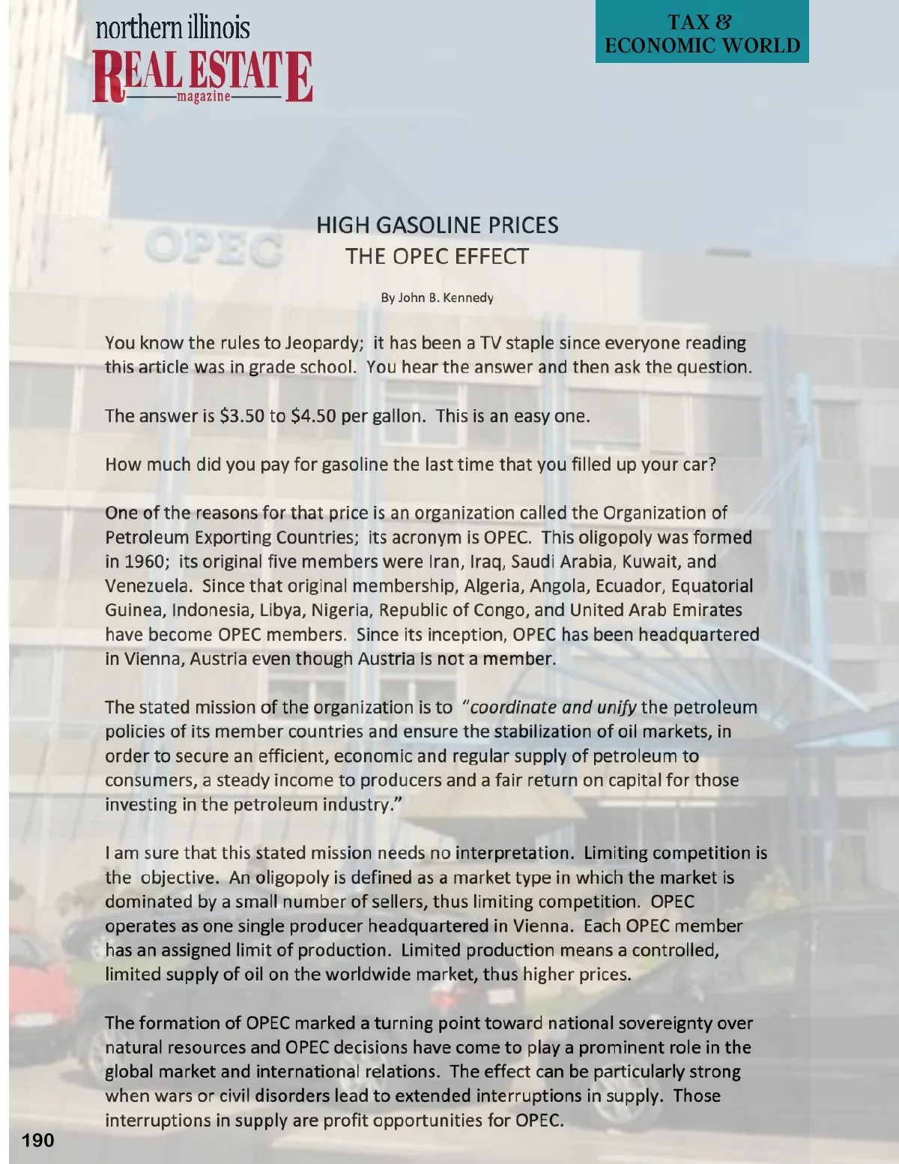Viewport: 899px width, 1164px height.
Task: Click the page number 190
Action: [37, 1141]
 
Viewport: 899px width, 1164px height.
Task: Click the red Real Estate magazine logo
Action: [202, 76]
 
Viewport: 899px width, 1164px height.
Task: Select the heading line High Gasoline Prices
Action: [438, 225]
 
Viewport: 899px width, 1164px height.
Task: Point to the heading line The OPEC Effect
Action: [438, 256]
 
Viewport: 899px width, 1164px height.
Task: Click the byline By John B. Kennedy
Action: [438, 298]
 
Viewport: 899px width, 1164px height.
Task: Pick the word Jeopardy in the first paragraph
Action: [324, 343]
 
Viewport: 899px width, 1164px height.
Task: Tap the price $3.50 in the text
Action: [242, 416]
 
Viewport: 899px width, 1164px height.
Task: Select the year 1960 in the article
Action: [144, 561]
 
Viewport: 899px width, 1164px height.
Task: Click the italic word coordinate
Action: [513, 708]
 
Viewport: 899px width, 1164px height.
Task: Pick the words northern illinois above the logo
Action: [173, 28]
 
